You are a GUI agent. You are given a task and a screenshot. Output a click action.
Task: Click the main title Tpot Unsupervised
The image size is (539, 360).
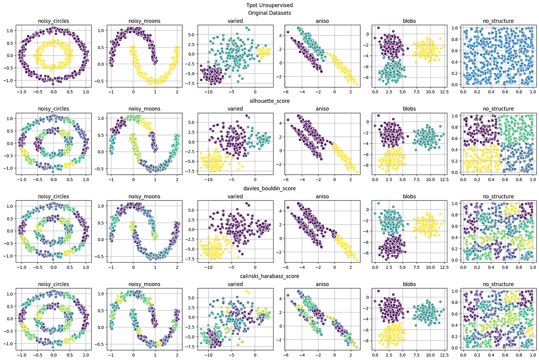[x=269, y=5]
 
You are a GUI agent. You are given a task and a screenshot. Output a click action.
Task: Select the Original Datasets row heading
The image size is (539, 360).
[x=269, y=13]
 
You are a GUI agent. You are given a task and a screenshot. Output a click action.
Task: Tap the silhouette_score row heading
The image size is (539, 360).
[x=269, y=101]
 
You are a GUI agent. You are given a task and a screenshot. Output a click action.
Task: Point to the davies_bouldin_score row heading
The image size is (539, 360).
[x=269, y=189]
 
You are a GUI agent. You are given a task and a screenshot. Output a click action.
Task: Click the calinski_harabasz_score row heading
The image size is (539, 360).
[x=269, y=276]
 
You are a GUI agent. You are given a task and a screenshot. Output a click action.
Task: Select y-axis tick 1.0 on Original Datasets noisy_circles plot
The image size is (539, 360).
[x=10, y=31]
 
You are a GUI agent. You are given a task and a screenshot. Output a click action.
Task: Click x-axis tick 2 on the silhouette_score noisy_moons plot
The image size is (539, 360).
[x=177, y=179]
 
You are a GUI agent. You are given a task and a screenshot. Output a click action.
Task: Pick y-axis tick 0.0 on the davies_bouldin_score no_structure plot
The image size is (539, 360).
[x=454, y=260]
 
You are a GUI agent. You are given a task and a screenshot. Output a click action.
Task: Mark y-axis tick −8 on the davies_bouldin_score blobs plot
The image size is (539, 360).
[x=368, y=253]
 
